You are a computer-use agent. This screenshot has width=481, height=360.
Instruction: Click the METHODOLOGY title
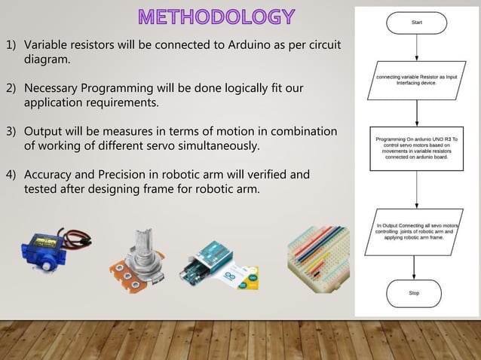point(216,16)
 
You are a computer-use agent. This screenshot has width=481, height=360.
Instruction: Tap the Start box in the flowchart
point(417,24)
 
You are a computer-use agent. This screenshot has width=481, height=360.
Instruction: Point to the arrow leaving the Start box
point(417,48)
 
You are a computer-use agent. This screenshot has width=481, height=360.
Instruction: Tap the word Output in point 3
point(44,132)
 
